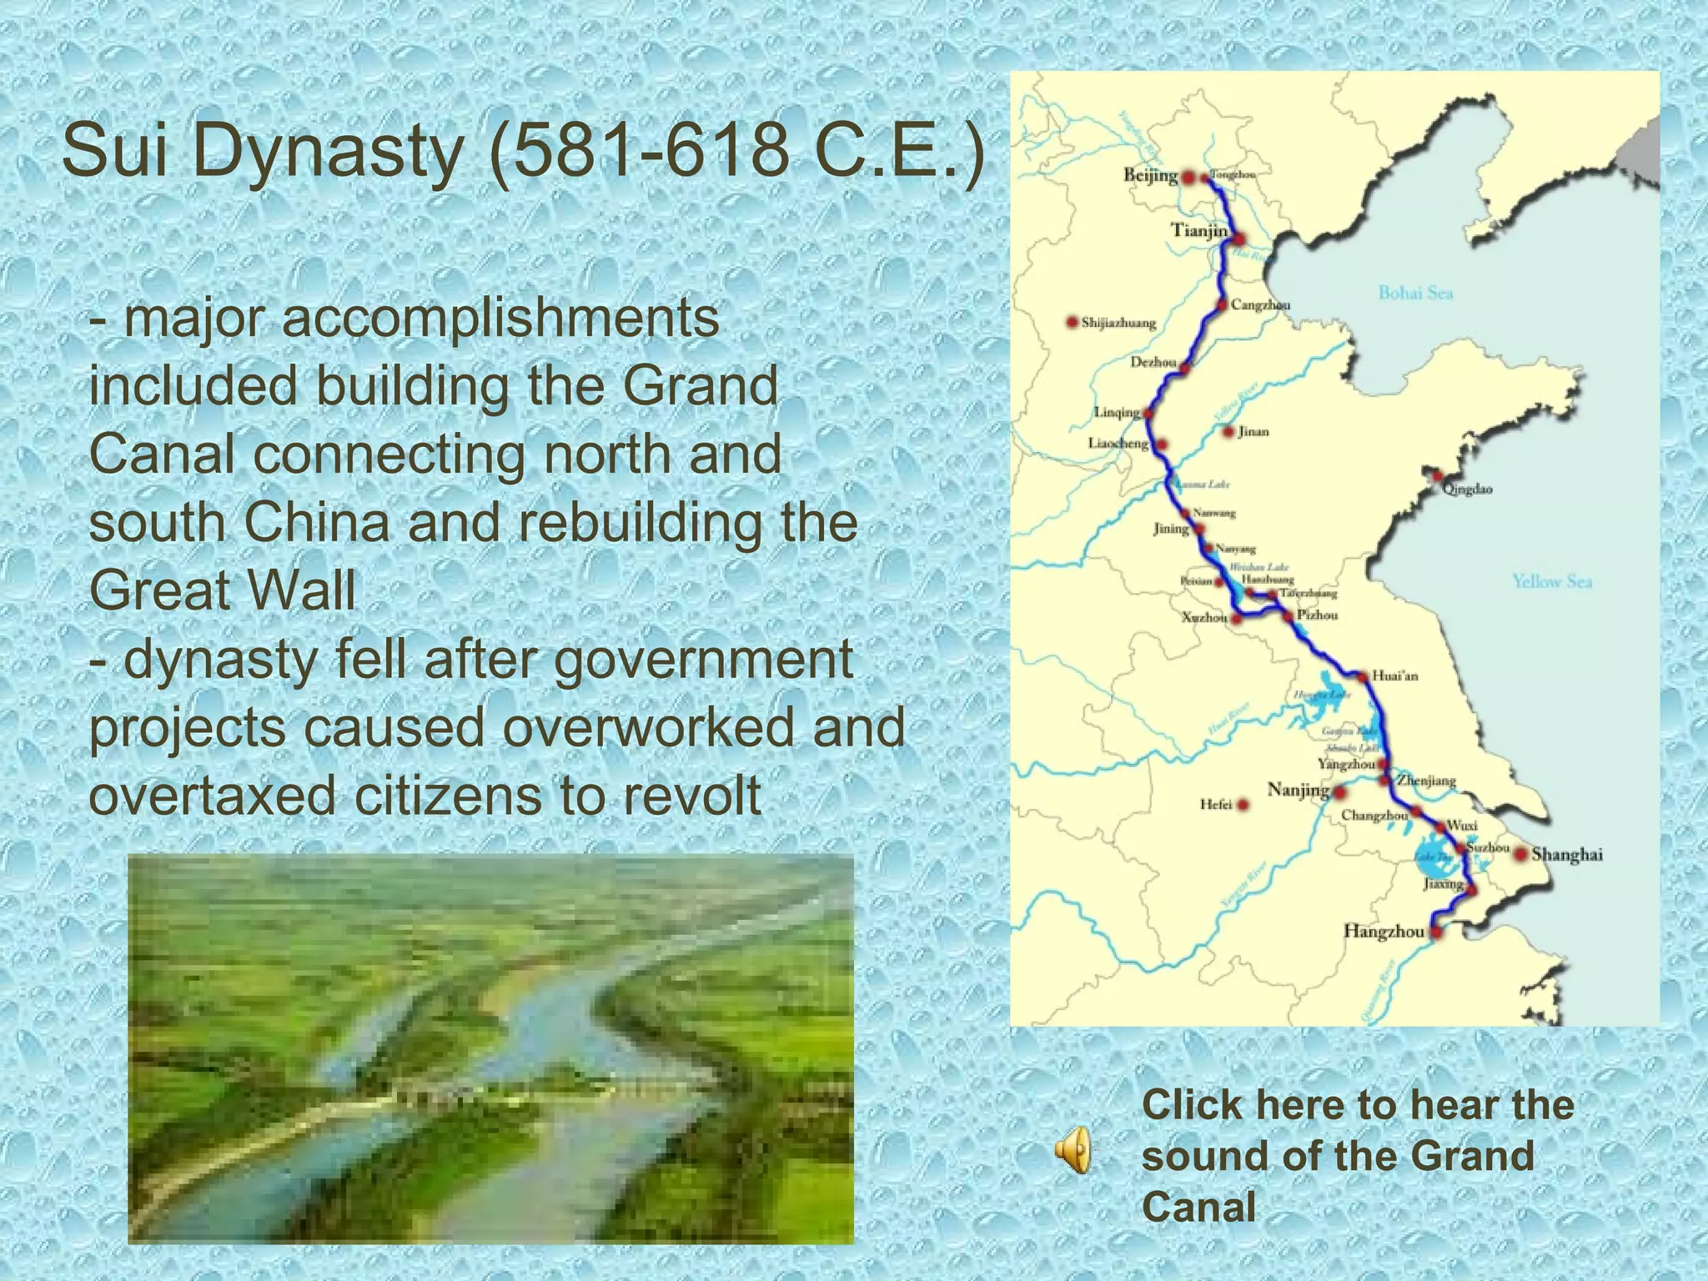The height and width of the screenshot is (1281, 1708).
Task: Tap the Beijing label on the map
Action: [1150, 176]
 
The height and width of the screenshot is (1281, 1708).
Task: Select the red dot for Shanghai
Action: [1521, 854]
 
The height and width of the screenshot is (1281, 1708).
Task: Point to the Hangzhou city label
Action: [1384, 932]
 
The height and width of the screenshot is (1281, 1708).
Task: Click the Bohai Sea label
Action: [1415, 293]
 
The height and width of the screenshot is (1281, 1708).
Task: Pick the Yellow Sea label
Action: [1552, 581]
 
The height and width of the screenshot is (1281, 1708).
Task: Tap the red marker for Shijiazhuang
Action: [1073, 323]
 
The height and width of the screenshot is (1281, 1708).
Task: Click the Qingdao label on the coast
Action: [1467, 489]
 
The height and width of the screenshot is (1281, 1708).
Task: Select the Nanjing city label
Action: [1298, 789]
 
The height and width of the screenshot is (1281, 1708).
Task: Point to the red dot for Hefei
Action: [1243, 805]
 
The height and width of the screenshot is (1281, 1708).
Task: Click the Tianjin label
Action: [1199, 230]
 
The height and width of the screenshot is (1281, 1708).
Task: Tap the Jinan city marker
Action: [1228, 431]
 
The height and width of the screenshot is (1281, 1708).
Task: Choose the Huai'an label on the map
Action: [1394, 676]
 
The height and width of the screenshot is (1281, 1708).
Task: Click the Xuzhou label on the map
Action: [1204, 618]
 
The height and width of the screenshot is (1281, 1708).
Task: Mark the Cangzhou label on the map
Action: [1260, 305]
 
